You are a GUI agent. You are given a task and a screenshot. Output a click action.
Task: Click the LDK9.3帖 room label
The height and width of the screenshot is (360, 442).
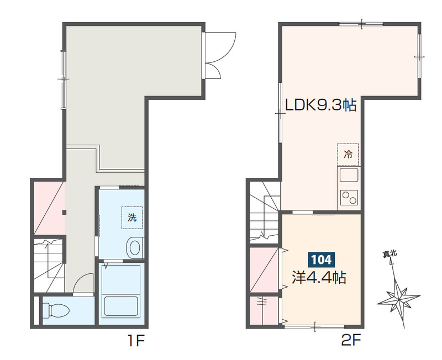tap(321, 105)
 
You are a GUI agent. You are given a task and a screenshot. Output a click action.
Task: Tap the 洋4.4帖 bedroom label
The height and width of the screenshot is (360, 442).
tap(319, 278)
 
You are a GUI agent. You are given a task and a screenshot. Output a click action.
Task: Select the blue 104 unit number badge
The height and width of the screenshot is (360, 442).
tap(322, 260)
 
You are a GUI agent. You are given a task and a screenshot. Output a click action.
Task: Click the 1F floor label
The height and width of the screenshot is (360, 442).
tap(136, 341)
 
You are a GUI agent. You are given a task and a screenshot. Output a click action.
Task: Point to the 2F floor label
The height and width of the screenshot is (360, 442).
tap(351, 341)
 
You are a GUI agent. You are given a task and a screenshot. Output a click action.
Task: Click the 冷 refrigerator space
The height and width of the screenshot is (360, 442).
tap(348, 155)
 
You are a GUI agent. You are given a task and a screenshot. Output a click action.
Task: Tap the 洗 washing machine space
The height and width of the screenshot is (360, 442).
tap(132, 218)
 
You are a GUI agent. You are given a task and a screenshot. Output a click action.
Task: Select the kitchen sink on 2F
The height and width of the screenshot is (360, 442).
tap(349, 175)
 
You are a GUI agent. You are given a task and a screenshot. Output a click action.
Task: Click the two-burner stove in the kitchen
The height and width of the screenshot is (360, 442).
tap(349, 198)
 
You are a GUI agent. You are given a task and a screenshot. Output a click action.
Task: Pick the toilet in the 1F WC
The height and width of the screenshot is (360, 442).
tap(56, 310)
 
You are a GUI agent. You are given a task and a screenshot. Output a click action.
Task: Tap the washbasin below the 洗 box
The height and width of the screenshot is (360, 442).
tap(135, 247)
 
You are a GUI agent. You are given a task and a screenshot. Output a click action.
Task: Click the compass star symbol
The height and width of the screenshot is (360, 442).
tap(398, 300)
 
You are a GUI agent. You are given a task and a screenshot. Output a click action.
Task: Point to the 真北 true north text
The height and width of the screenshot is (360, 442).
tap(390, 254)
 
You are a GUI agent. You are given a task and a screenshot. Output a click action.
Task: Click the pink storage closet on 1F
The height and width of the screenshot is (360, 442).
tap(48, 208)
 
